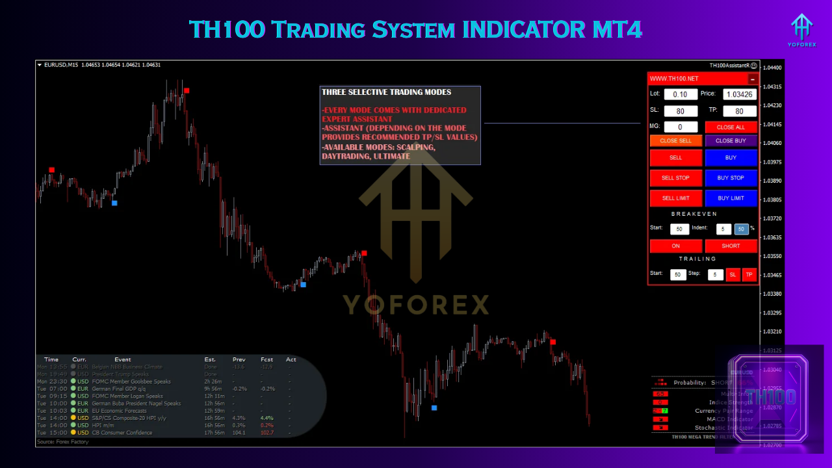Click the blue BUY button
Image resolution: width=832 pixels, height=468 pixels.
[x=731, y=158]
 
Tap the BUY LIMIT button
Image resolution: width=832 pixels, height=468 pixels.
[x=731, y=198]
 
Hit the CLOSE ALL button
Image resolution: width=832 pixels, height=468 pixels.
[x=731, y=127]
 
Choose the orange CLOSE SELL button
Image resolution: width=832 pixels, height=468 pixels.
[x=676, y=140]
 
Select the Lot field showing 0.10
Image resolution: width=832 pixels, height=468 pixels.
[x=681, y=94]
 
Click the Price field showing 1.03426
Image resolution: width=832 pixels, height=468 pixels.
[x=740, y=94]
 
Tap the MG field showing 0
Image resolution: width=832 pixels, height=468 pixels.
[x=681, y=127]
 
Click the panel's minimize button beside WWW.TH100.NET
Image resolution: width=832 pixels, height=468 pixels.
[x=752, y=79]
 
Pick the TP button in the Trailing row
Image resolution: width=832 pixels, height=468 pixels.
[x=749, y=275]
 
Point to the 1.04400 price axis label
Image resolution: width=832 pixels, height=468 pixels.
[x=773, y=68]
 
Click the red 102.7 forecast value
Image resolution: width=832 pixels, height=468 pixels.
[x=266, y=433]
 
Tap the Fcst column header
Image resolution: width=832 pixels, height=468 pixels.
[x=266, y=359]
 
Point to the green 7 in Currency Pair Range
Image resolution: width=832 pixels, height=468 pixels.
[x=664, y=411]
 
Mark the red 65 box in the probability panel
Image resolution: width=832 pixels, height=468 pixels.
[x=660, y=394]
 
